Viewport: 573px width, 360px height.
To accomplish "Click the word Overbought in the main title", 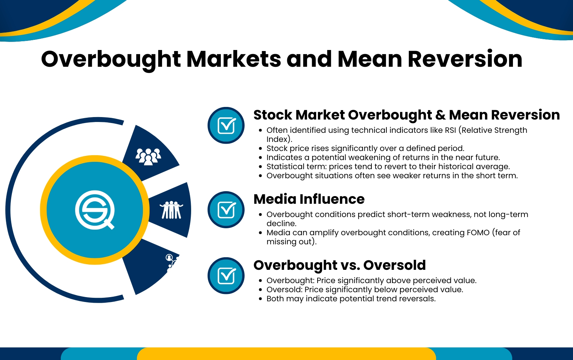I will (x=111, y=59).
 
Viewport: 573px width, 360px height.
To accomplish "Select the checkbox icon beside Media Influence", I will (x=226, y=210).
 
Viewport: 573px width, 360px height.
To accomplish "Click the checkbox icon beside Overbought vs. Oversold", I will (x=226, y=276).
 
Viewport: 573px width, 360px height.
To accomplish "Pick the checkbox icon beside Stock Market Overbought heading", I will (x=226, y=125).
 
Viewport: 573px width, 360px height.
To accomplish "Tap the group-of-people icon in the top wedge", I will (x=148, y=156).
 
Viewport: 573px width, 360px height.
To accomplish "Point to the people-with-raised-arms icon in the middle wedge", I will (x=171, y=210).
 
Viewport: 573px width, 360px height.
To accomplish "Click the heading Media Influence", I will (x=309, y=199).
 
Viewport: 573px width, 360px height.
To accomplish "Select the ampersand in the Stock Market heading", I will (x=441, y=115).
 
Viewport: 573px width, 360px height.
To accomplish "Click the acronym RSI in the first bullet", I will (x=450, y=130).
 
